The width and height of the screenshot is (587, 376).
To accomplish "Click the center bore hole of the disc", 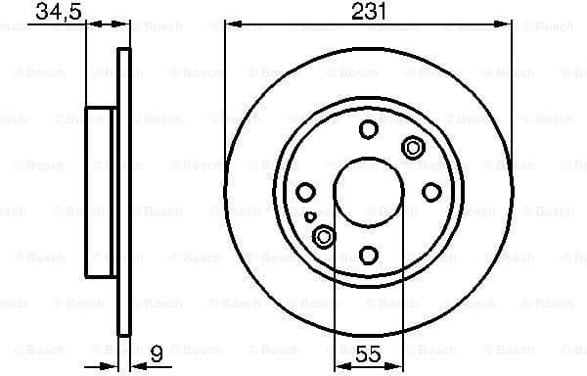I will pyautogui.click(x=368, y=192).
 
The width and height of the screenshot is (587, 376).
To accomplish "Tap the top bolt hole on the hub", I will pyautogui.click(x=368, y=129).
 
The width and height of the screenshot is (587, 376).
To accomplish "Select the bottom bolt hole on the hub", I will pyautogui.click(x=368, y=255).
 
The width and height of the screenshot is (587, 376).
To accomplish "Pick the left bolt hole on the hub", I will pyautogui.click(x=305, y=192).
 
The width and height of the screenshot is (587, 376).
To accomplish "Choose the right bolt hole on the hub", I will pyautogui.click(x=430, y=192).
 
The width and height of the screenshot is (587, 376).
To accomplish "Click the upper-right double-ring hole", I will pyautogui.click(x=412, y=148).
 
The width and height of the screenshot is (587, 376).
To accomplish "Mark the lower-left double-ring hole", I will pyautogui.click(x=324, y=236).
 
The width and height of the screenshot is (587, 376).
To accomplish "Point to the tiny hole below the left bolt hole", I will pyautogui.click(x=310, y=217).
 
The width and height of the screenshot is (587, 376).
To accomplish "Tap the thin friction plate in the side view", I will pyautogui.click(x=123, y=192).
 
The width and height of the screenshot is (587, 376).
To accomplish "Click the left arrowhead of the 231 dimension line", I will pyautogui.click(x=231, y=26).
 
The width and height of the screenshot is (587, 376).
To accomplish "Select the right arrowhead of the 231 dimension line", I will pyautogui.click(x=506, y=26).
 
